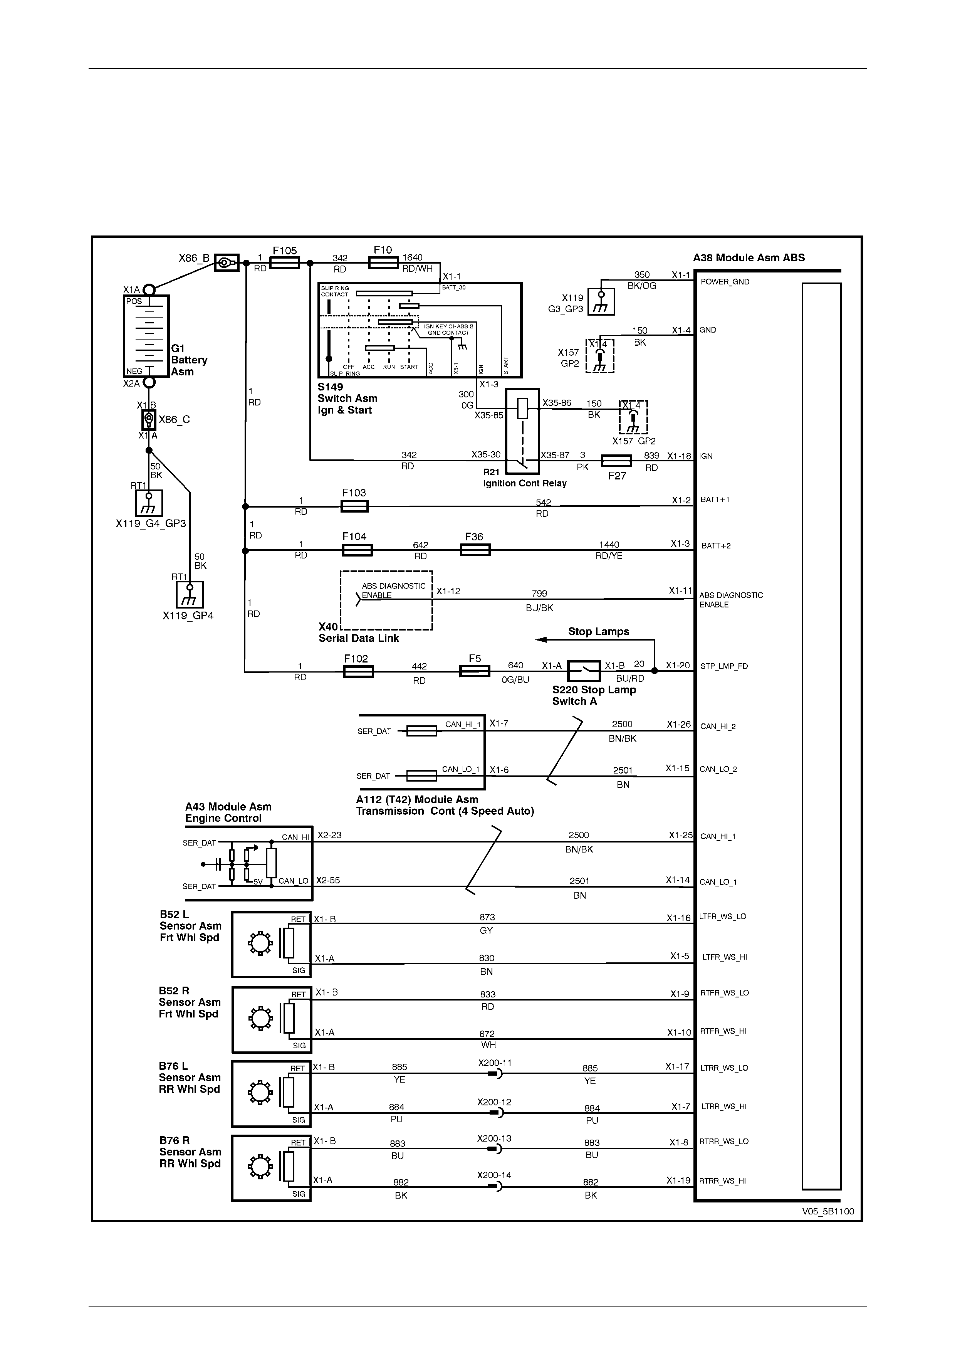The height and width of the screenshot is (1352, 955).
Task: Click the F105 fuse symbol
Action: pos(284,262)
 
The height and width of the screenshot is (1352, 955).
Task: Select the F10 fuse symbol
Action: pos(383,262)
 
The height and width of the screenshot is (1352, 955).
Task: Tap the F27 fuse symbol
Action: pos(616,461)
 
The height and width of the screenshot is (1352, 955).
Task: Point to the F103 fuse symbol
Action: pos(355,506)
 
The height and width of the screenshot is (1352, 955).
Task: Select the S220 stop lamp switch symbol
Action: pos(583,671)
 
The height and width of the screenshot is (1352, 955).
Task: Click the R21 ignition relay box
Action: pos(522,430)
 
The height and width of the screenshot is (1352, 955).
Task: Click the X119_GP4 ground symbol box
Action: pos(190,594)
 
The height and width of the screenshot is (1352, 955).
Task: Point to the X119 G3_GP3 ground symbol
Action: pos(601,301)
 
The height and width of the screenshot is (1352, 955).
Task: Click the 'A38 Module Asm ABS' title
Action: pos(749,258)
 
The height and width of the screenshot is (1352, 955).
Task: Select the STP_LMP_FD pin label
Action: pos(724,666)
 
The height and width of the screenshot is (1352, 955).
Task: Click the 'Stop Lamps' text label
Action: pos(598,631)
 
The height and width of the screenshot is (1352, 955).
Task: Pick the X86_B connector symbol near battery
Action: pos(226,262)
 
